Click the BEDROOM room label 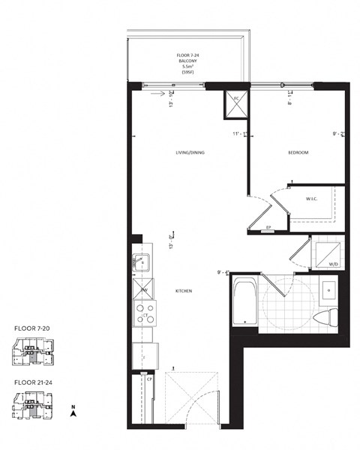[298, 153]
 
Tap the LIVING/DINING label [189, 153]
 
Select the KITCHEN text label [186, 290]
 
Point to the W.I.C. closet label [313, 199]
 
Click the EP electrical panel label [268, 227]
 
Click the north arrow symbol [73, 412]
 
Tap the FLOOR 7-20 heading [33, 328]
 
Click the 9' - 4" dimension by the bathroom [223, 272]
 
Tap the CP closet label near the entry [150, 379]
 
